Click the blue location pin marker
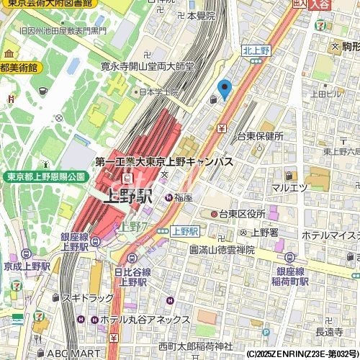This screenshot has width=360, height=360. click(225, 89)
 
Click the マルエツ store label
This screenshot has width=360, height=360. click(289, 188)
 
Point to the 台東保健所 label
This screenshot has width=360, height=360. click(260, 136)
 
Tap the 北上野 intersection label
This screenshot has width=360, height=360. click(255, 50)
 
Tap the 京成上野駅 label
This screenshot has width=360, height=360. click(25, 266)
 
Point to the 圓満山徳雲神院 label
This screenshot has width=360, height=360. click(222, 249)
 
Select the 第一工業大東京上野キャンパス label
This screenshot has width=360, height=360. click(164, 163)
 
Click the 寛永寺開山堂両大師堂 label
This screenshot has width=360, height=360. click(147, 66)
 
